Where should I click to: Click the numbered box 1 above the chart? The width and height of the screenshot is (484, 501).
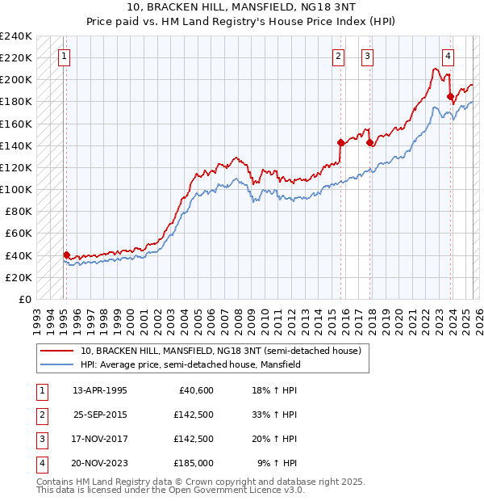pyautogui.click(x=64, y=57)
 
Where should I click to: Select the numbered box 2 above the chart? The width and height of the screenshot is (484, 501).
pyautogui.click(x=338, y=57)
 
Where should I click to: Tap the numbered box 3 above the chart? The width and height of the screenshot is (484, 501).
pyautogui.click(x=367, y=57)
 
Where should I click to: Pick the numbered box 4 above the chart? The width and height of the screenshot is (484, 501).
pyautogui.click(x=448, y=57)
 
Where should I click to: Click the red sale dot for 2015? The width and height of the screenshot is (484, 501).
pyautogui.click(x=340, y=142)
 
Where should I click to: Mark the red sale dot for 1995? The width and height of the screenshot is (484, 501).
pyautogui.click(x=66, y=255)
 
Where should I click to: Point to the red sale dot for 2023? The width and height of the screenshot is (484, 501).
pyautogui.click(x=450, y=96)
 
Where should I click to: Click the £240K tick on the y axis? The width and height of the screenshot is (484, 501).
pyautogui.click(x=16, y=36)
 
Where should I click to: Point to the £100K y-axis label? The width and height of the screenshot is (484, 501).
pyautogui.click(x=16, y=189)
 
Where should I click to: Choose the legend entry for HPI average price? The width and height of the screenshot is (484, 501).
pyautogui.click(x=190, y=364)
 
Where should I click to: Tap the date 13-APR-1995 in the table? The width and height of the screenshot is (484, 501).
pyautogui.click(x=100, y=390)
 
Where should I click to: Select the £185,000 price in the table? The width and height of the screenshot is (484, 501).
pyautogui.click(x=193, y=463)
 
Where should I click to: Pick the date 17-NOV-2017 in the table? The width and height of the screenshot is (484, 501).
pyautogui.click(x=100, y=439)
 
